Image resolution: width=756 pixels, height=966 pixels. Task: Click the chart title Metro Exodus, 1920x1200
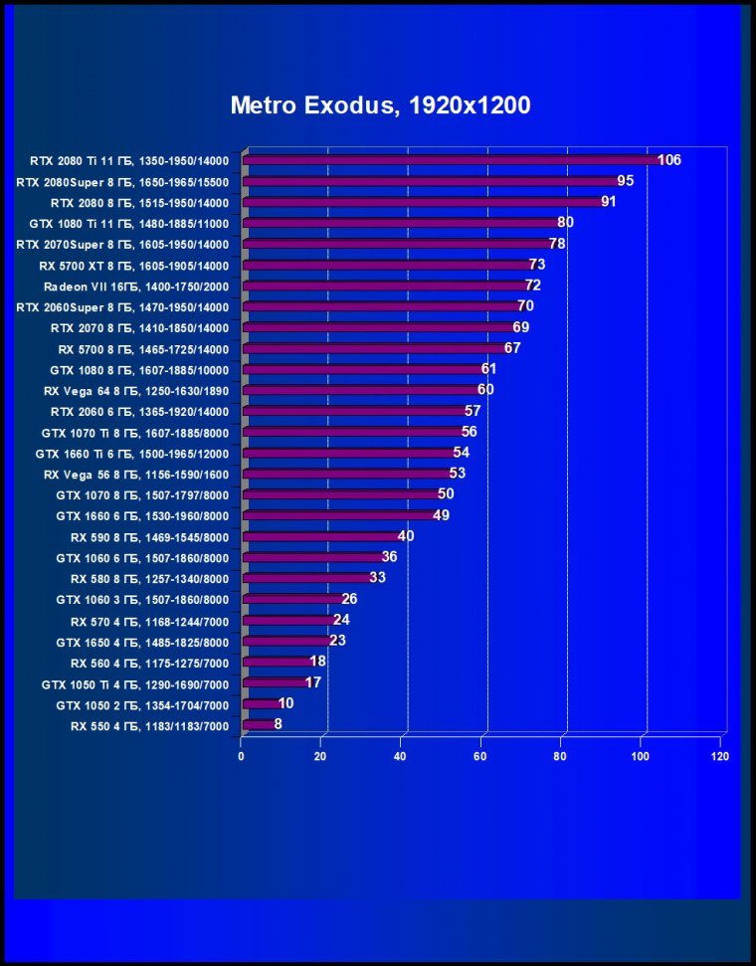click(x=380, y=105)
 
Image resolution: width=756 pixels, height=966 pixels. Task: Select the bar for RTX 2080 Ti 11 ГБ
click(x=450, y=160)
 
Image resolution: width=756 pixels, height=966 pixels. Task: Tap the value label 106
click(x=669, y=160)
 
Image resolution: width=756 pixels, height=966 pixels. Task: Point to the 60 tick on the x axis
click(x=481, y=756)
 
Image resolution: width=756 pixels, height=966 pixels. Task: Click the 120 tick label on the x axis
click(x=720, y=756)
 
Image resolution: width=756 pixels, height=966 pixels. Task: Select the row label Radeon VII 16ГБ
click(x=136, y=287)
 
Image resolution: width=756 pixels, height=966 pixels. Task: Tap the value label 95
click(x=626, y=181)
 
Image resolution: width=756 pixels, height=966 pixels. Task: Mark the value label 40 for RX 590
click(x=406, y=536)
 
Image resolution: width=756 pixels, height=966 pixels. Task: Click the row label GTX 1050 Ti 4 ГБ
click(x=135, y=684)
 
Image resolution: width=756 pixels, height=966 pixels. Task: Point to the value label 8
click(x=279, y=725)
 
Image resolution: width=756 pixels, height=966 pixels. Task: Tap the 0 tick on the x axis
click(x=242, y=756)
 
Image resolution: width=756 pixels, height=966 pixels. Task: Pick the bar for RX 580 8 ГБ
click(x=306, y=579)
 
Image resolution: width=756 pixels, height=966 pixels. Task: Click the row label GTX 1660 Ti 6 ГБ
click(x=132, y=453)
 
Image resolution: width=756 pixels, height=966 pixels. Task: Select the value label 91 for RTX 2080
click(x=610, y=202)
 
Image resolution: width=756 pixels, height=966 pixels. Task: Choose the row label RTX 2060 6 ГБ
click(x=139, y=411)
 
